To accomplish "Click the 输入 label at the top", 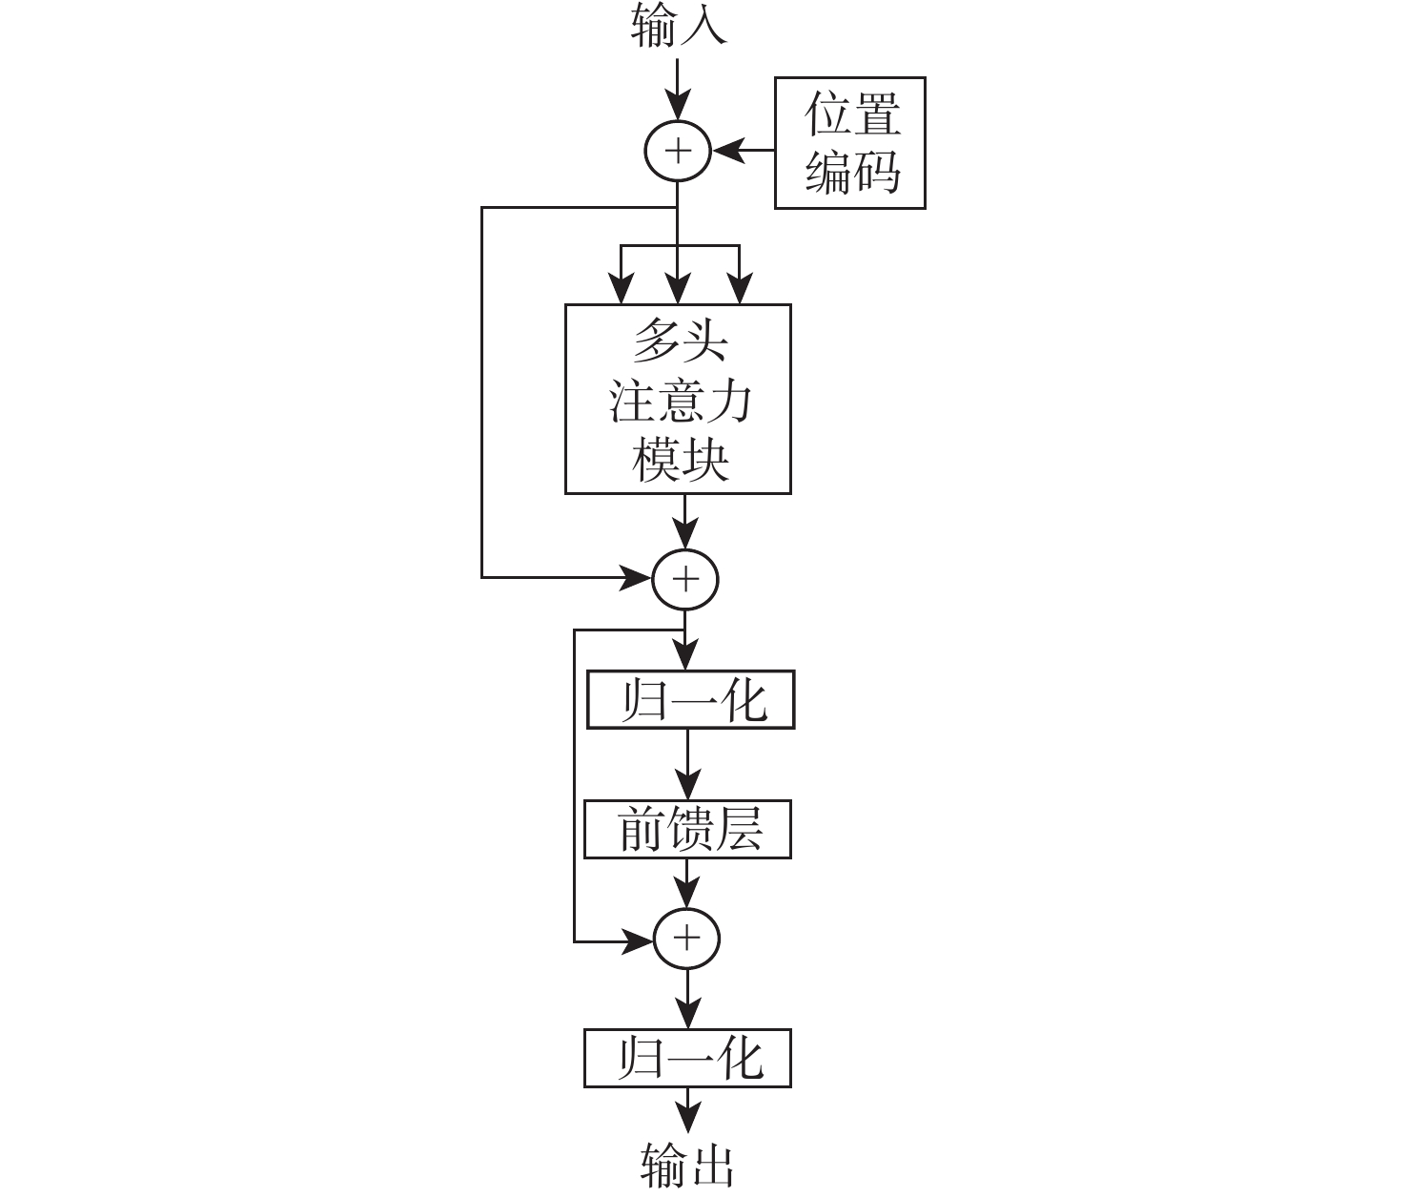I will pyautogui.click(x=678, y=27).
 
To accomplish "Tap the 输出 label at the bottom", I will pyautogui.click(x=686, y=1165).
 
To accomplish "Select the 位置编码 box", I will pyautogui.click(x=849, y=143).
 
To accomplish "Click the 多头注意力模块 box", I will pyautogui.click(x=678, y=399).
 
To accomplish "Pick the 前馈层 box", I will pyautogui.click(x=687, y=830).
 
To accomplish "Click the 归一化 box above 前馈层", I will pyautogui.click(x=690, y=701).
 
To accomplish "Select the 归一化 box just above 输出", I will pyautogui.click(x=687, y=1059).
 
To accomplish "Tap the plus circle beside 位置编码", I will pyautogui.click(x=678, y=151).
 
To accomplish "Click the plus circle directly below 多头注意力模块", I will pyautogui.click(x=684, y=579).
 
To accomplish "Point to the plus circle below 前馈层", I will pyautogui.click(x=686, y=940).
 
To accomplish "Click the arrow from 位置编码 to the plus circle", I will pyautogui.click(x=744, y=150).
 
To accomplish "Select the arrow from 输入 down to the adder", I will pyautogui.click(x=678, y=91).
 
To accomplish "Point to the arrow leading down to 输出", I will pyautogui.click(x=687, y=1111).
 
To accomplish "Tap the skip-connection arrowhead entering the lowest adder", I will pyautogui.click(x=637, y=941).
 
